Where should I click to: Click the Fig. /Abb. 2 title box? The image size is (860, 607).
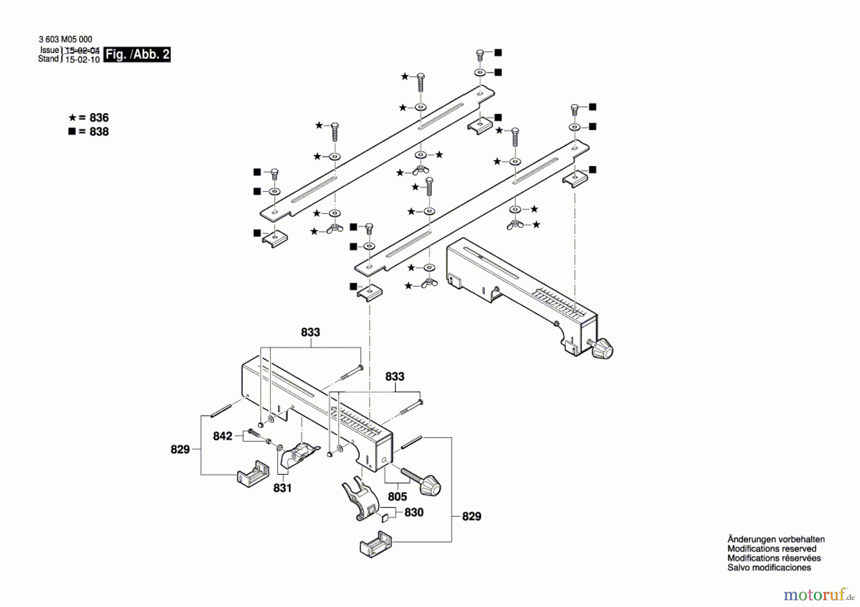click(137, 54)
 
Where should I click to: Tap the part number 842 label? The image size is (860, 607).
click(223, 436)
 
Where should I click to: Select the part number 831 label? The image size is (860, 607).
click(282, 488)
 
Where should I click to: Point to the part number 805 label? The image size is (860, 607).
click(398, 497)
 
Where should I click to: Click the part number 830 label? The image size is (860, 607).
click(414, 512)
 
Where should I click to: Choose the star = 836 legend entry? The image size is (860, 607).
click(88, 117)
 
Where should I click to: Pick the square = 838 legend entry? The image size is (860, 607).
click(88, 132)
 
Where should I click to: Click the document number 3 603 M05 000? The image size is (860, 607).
click(65, 39)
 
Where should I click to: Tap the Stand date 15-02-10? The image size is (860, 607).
click(82, 60)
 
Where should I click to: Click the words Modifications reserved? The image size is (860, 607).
click(772, 549)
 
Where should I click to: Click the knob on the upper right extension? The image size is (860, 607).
click(602, 348)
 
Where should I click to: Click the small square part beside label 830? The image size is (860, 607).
click(385, 518)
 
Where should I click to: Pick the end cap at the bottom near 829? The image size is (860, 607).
click(376, 544)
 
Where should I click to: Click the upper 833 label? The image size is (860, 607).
click(311, 332)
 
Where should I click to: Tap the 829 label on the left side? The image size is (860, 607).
click(180, 449)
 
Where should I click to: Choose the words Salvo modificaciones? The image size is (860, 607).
click(769, 568)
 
